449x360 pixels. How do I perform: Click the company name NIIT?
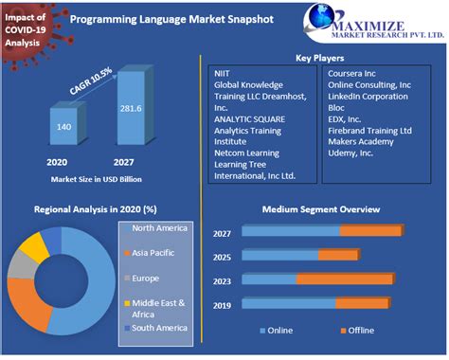222,72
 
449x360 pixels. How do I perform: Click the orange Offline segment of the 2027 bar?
370,230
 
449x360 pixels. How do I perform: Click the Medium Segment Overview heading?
321,209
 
